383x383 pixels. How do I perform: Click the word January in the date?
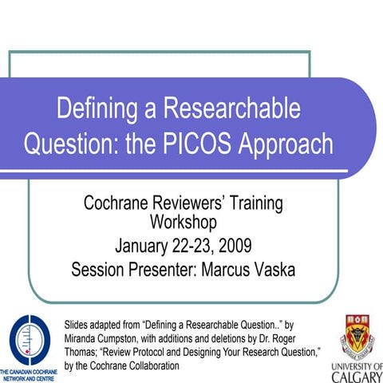[x=148, y=243]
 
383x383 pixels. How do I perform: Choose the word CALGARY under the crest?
[x=356, y=373]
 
